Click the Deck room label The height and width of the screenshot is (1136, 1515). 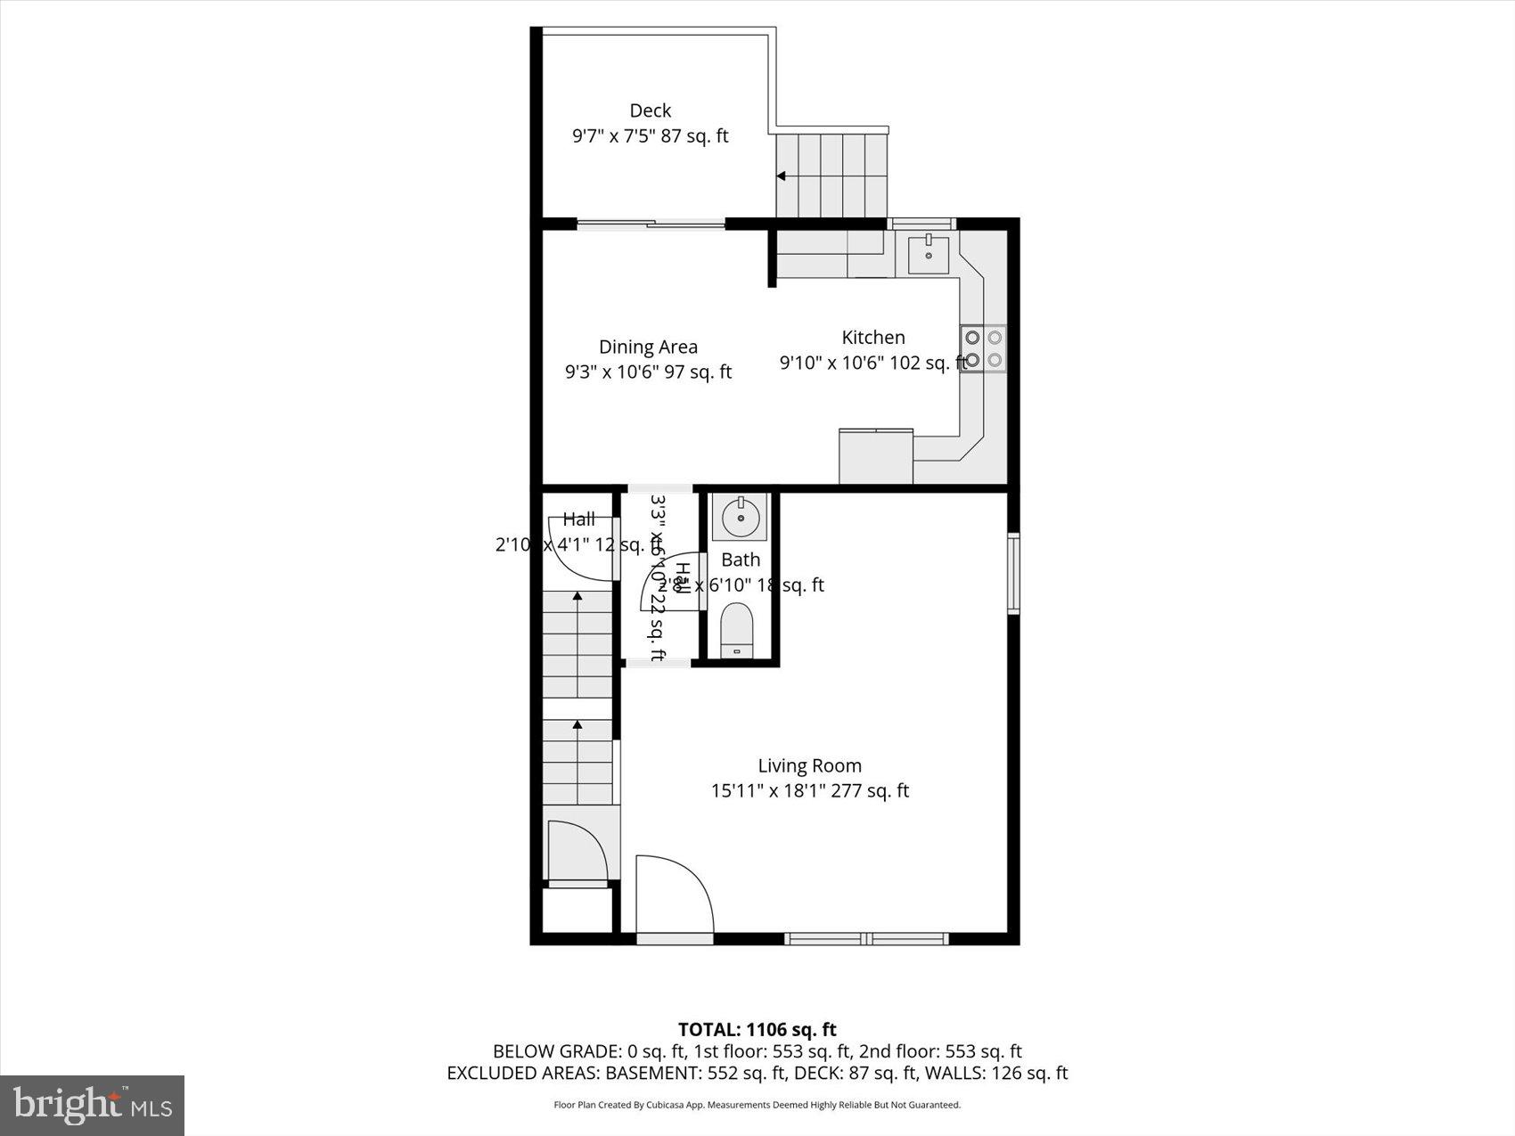click(x=650, y=110)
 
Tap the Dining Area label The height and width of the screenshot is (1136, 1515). click(x=648, y=347)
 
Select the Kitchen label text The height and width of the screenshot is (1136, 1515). click(x=873, y=337)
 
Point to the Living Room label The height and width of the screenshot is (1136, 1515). click(x=809, y=765)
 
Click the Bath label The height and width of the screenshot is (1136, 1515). click(x=741, y=560)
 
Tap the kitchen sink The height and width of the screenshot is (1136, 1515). click(x=929, y=254)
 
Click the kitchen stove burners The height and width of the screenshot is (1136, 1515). click(x=983, y=349)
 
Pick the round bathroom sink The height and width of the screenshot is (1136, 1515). click(x=739, y=518)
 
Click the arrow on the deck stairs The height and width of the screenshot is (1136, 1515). click(x=782, y=176)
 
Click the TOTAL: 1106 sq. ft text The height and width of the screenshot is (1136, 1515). click(x=757, y=1030)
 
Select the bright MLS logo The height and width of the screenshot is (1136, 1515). click(x=93, y=1106)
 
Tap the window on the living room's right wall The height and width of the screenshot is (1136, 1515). click(x=1013, y=573)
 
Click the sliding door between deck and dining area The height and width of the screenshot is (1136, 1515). click(x=651, y=224)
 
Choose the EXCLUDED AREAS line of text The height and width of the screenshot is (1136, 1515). click(x=757, y=1074)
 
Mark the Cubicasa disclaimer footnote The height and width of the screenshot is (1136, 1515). click(x=757, y=1105)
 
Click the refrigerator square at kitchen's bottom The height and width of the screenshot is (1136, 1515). click(x=876, y=456)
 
